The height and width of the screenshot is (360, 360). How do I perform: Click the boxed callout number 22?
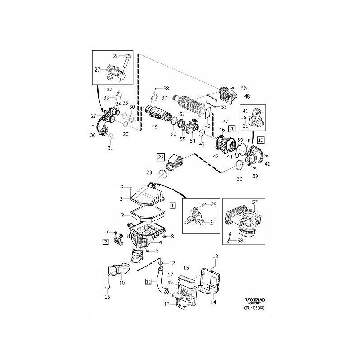pos(161,157)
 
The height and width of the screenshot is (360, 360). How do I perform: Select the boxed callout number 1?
pos(172,205)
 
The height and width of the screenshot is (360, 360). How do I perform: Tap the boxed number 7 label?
pos(105,242)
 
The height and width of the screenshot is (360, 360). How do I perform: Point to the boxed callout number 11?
pos(148,282)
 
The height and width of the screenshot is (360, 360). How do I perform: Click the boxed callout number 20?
pos(232,129)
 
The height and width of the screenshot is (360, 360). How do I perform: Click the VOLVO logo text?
pos(255,300)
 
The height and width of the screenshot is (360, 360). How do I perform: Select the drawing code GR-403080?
pos(254,309)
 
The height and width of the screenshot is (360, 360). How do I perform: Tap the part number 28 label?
pos(115,56)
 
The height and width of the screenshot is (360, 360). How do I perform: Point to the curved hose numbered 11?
pos(160,281)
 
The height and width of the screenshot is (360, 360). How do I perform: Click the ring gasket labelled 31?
pos(111,137)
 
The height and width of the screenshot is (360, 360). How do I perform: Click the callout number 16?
pos(107,297)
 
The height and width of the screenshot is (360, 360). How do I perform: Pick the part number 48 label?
pos(247,96)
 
